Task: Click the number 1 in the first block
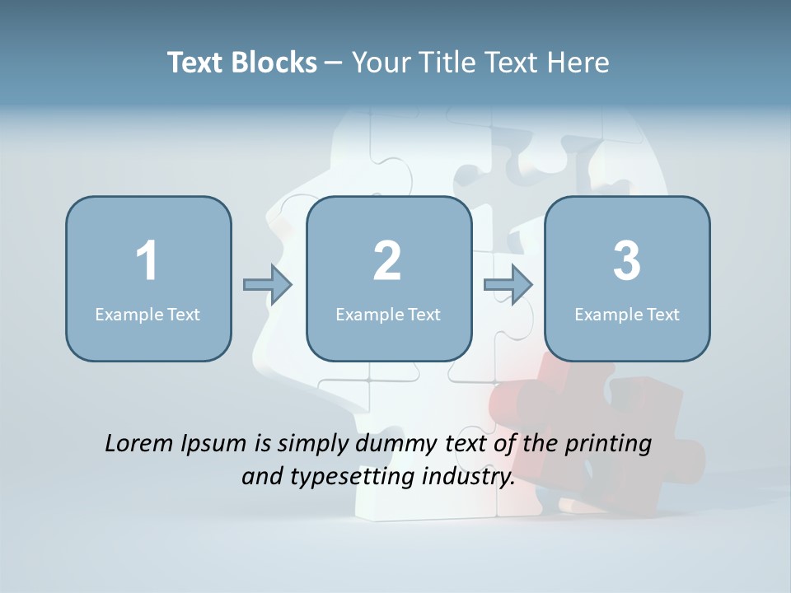pyautogui.click(x=147, y=261)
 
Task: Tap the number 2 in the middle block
pyautogui.click(x=387, y=261)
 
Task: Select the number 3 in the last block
pyautogui.click(x=627, y=261)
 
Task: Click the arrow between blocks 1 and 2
pyautogui.click(x=268, y=285)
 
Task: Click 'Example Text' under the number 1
pyautogui.click(x=147, y=314)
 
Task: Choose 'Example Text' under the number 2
pyautogui.click(x=388, y=314)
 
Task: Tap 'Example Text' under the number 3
pyautogui.click(x=627, y=314)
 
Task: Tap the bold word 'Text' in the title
pyautogui.click(x=196, y=63)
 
